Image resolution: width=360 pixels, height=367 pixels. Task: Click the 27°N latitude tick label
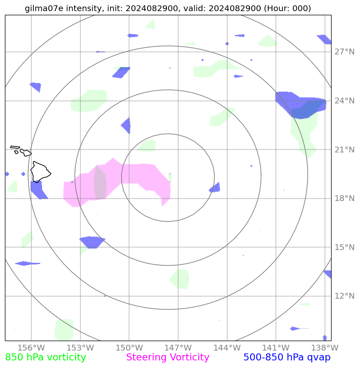[x=344, y=52]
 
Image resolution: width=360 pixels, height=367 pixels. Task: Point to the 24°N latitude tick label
[x=344, y=101]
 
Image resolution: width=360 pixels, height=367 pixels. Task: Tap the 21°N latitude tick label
[x=344, y=150]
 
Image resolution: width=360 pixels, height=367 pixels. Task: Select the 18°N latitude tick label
[x=344, y=199]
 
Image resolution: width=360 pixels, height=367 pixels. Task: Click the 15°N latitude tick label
[x=344, y=247]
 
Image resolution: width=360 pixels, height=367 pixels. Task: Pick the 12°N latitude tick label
[x=344, y=296]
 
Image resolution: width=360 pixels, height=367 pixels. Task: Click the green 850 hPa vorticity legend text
[x=45, y=358]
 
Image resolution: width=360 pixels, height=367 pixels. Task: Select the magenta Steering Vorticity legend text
[x=167, y=358]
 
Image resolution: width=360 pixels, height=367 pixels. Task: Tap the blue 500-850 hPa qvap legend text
[x=287, y=358]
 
